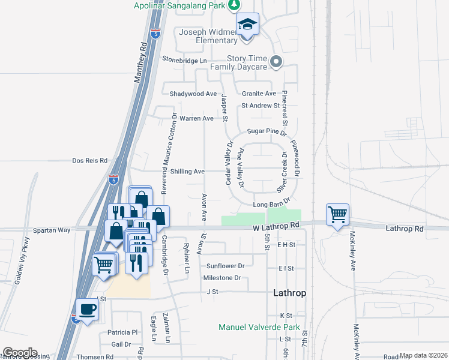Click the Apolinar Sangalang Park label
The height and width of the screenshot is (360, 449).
click(x=183, y=5)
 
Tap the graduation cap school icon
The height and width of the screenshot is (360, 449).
click(x=247, y=25)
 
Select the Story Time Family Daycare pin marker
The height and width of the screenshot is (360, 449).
click(x=276, y=61)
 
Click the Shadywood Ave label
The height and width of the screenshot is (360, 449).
click(x=193, y=94)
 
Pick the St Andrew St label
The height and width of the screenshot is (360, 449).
click(x=261, y=106)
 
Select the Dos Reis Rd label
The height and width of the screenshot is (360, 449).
click(x=89, y=161)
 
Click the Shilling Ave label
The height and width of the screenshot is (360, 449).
click(x=187, y=172)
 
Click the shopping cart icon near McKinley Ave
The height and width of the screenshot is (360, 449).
click(x=338, y=214)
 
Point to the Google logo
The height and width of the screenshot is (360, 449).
click(x=20, y=353)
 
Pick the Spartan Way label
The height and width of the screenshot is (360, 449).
click(x=52, y=230)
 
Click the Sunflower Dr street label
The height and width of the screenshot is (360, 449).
click(x=225, y=266)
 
